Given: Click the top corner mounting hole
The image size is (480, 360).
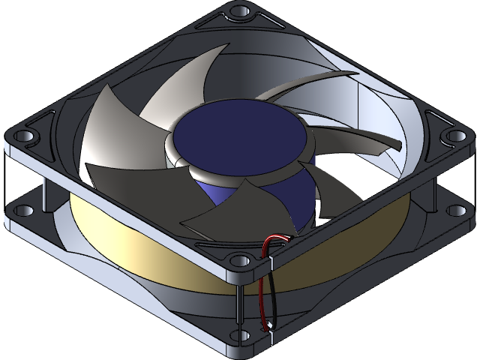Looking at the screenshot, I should [x=240, y=13].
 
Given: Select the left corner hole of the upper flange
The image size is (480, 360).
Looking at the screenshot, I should [x=24, y=136].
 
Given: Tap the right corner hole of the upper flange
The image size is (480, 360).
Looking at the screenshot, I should [x=454, y=136].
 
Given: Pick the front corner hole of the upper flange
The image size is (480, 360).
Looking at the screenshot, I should [x=240, y=260].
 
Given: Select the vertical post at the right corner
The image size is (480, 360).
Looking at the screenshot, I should [x=435, y=180].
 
